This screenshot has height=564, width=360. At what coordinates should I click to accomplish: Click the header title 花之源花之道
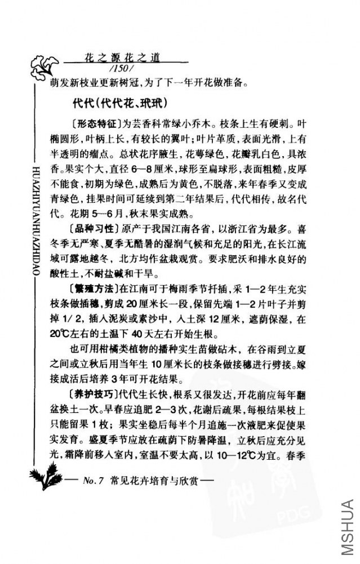coord(123,57)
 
